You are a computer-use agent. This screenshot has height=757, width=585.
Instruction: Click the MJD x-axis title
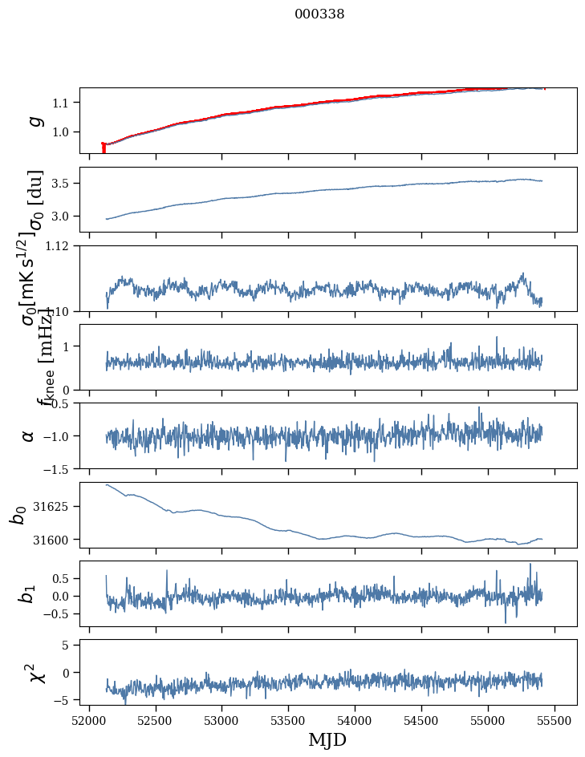[x=327, y=739]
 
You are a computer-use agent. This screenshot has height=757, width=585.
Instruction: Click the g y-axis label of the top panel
[x=34, y=120]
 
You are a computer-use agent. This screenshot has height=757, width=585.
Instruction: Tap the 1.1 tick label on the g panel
[x=64, y=103]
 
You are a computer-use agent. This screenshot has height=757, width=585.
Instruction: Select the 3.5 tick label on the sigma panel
[x=64, y=184]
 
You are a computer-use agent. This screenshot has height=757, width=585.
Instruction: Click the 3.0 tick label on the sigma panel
[x=64, y=217]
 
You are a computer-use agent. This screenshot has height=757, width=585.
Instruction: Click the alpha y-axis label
[x=28, y=435]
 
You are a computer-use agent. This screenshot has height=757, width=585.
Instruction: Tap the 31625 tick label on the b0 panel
[x=56, y=507]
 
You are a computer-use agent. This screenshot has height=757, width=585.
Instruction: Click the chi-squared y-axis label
[x=36, y=673]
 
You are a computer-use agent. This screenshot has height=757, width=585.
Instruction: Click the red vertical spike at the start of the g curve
[x=104, y=148]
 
